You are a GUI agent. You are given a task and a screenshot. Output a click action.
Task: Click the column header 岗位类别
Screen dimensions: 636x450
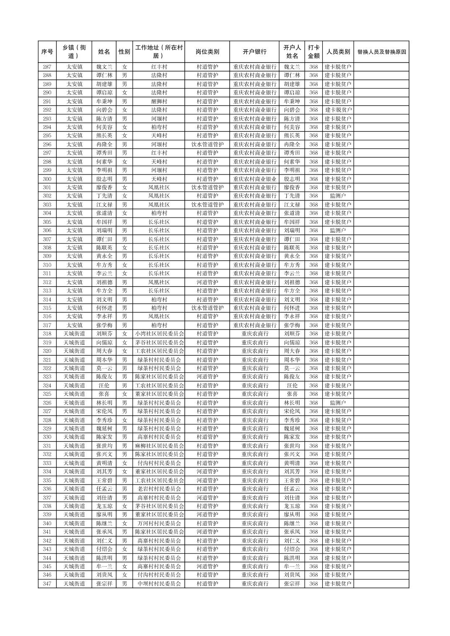[207, 52]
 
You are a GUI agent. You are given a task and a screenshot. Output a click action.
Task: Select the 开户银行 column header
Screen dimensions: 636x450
[254, 52]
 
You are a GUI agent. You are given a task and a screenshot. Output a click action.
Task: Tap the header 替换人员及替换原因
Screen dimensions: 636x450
[381, 52]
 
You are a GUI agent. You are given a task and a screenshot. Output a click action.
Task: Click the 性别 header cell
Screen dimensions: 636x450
[124, 52]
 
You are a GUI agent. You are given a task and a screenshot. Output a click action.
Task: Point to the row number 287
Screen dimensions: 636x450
[47, 67]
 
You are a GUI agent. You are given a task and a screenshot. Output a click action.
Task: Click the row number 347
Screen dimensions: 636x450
[47, 584]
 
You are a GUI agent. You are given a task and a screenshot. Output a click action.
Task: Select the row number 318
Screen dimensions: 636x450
[47, 334]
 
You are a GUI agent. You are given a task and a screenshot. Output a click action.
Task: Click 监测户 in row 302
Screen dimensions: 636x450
[338, 196]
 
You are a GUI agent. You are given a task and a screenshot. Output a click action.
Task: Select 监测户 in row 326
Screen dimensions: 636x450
[338, 403]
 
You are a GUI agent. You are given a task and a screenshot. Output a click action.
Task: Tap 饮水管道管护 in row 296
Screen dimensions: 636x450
[207, 144]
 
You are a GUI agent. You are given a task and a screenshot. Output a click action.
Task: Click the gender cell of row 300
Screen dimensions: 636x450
[124, 179]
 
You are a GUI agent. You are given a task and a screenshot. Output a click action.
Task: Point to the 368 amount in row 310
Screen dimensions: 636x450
[313, 265]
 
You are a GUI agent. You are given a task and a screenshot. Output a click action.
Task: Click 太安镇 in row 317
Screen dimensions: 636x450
[74, 325]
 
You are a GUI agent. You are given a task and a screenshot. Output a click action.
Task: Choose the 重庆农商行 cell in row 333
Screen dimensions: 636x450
[254, 463]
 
